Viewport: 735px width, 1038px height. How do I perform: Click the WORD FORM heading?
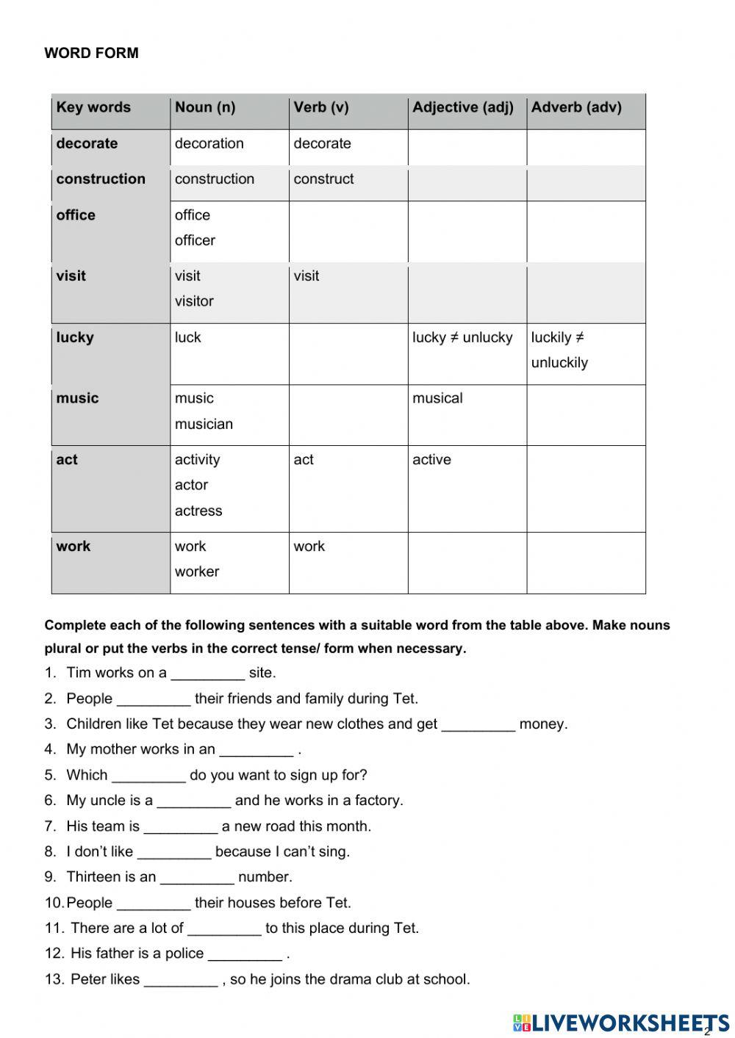(91, 53)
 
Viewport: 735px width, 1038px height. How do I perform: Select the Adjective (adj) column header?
(462, 107)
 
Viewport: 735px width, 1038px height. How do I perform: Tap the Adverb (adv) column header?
(576, 107)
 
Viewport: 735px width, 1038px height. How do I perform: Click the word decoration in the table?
(209, 143)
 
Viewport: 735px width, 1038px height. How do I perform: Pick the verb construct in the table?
(323, 179)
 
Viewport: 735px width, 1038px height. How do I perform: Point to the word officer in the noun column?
(195, 240)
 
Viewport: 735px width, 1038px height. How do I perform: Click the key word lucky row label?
(75, 337)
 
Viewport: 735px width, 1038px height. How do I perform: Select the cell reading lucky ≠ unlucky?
(462, 337)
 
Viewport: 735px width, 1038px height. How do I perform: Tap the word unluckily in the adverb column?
(559, 362)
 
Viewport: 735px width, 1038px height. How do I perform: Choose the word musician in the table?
(204, 424)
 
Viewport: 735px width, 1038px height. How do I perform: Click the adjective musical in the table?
(437, 398)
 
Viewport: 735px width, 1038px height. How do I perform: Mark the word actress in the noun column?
(198, 511)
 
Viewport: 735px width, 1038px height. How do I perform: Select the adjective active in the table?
(431, 459)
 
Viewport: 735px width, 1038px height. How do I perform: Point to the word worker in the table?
(196, 572)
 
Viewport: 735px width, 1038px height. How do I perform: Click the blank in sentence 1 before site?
(207, 673)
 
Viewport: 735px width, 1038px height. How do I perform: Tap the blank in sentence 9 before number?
(197, 877)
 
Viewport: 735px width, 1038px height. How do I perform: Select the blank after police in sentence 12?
(245, 954)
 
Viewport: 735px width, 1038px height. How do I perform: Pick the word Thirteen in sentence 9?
(93, 876)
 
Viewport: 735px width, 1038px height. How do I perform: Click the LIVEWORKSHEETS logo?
(621, 1022)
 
